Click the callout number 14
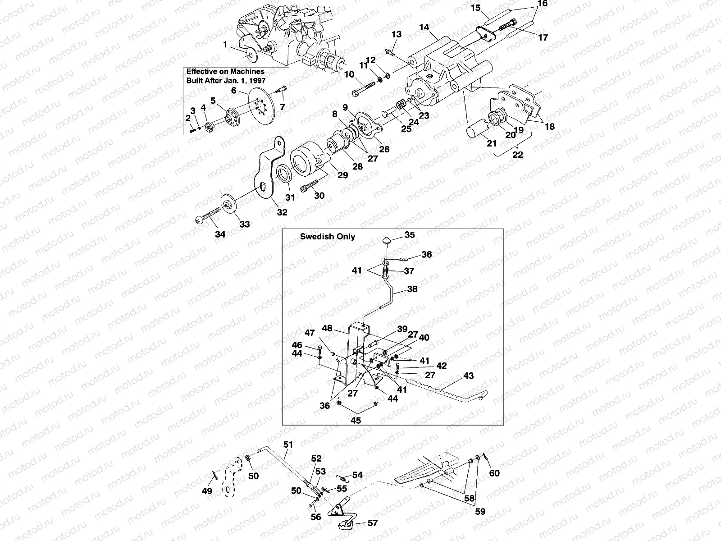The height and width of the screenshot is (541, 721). pos(424,27)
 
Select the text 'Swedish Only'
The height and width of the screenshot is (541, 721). pos(328,237)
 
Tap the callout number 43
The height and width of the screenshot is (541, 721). pos(468,376)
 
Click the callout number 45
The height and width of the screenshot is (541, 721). pos(356,421)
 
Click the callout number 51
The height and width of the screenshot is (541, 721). pos(288,445)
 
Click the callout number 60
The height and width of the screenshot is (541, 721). pos(494,473)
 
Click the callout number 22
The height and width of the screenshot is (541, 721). pos(518,154)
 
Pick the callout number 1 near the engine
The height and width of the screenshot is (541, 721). pos(225,45)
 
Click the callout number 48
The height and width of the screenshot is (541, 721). pos(327,328)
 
